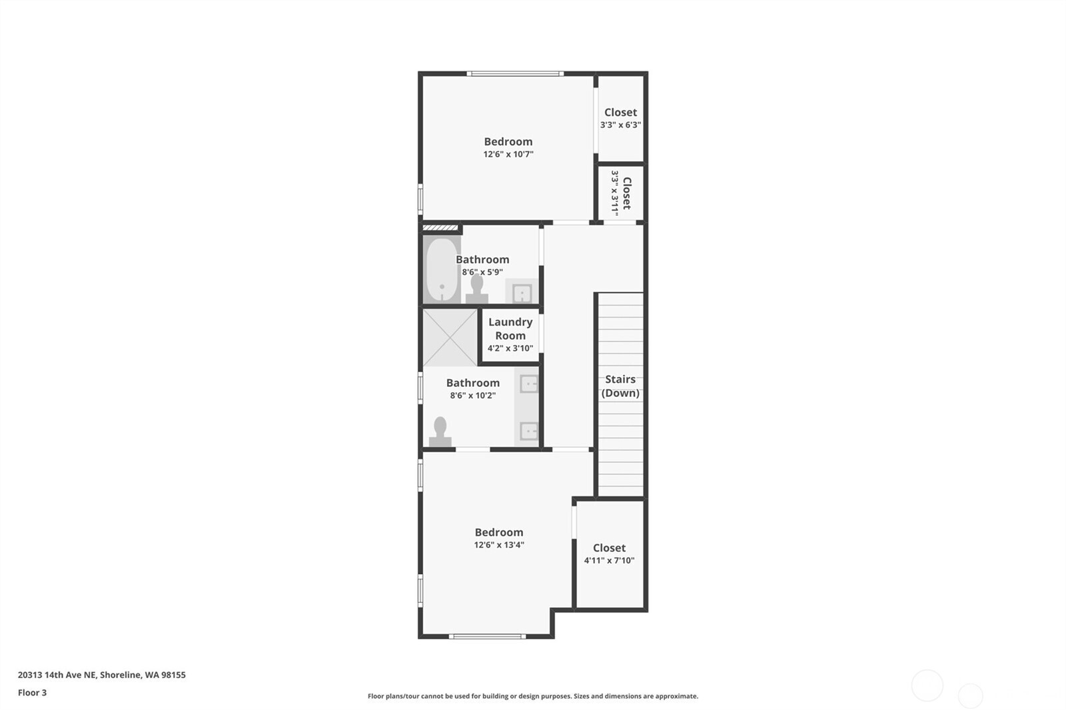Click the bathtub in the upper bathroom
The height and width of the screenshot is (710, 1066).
(442, 270)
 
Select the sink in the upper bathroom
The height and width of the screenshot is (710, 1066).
(522, 292)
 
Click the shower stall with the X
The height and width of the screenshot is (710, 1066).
(450, 336)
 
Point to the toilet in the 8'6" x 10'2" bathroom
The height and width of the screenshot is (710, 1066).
(440, 432)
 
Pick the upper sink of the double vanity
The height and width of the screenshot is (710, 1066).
(528, 384)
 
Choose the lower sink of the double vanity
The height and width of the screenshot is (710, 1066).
(528, 431)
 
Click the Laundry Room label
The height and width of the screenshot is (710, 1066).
(510, 328)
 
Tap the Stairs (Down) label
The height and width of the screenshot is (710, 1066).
(620, 386)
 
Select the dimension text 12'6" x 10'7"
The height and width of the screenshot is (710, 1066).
(508, 155)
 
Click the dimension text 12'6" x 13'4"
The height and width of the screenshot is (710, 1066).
(499, 545)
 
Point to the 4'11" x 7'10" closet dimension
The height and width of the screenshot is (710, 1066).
(609, 561)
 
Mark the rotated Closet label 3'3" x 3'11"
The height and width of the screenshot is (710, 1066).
(621, 193)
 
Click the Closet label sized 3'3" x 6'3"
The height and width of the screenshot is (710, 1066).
(620, 113)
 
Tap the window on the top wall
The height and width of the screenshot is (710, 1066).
(514, 73)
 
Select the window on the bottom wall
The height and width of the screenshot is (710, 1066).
(488, 637)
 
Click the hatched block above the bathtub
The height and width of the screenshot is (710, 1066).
(440, 228)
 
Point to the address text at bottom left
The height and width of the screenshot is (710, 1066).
(102, 675)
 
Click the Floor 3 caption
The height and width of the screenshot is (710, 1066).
(32, 693)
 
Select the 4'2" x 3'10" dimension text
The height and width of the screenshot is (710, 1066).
(510, 348)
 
